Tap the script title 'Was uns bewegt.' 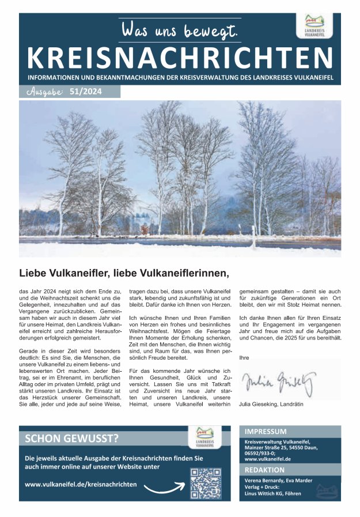click(180, 30)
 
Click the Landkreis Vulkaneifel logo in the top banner click(318, 27)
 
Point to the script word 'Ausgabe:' click(44, 92)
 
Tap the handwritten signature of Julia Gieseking click(279, 380)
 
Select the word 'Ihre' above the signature click(244, 358)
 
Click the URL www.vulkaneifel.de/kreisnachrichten click(81, 484)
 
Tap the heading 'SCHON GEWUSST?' click(72, 439)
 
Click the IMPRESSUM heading click(266, 431)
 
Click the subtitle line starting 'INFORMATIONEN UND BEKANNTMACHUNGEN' click(180, 77)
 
